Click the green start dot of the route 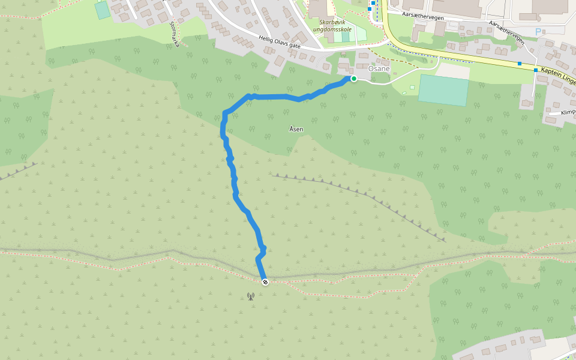354,79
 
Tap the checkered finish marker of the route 264,281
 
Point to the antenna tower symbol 250,296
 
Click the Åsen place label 296,129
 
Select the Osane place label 379,68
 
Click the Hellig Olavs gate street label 280,41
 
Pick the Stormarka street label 175,34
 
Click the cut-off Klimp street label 568,112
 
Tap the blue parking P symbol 538,31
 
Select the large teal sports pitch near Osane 443,91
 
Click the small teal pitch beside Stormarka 102,10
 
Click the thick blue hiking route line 234,180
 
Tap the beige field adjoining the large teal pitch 452,71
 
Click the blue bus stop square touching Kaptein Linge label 536,70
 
